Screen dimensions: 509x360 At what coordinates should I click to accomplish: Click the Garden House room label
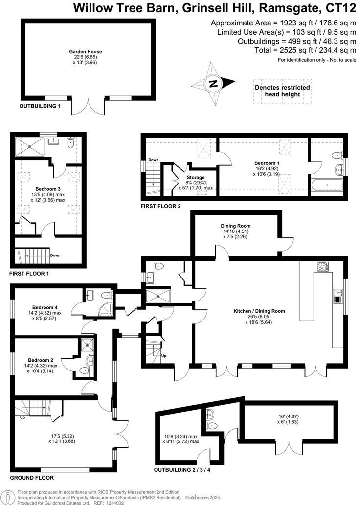click(78, 51)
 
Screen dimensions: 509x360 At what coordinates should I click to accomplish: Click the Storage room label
click(196, 177)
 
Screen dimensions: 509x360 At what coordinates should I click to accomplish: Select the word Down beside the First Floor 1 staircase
click(55, 255)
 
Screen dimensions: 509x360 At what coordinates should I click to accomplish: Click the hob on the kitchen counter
click(323, 267)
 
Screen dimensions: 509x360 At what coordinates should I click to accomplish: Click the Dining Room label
click(235, 226)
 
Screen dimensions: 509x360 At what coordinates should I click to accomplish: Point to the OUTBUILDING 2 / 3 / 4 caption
click(183, 470)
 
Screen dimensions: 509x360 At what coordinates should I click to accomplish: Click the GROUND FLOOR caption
click(32, 478)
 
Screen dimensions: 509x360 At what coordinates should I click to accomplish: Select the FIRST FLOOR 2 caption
click(161, 206)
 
